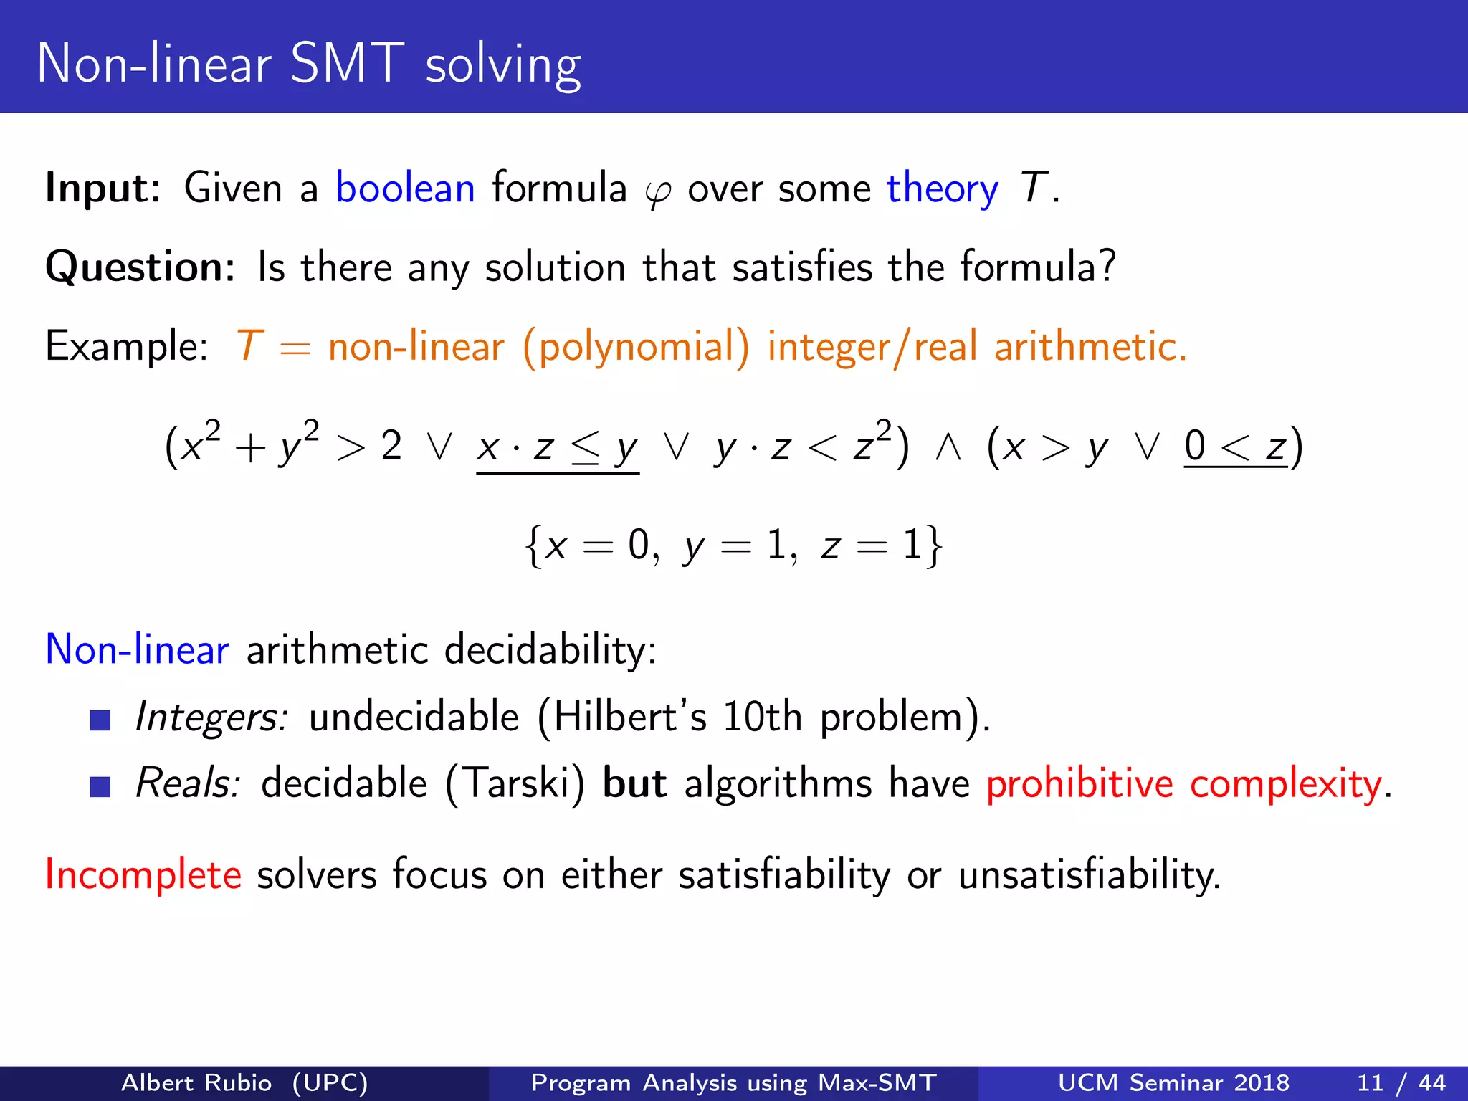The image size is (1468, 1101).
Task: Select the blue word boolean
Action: pyautogui.click(x=405, y=189)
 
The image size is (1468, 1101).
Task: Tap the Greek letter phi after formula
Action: pyautogui.click(x=657, y=192)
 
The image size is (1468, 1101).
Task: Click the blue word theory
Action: pyautogui.click(x=942, y=189)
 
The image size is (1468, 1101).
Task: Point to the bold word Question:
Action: pyautogui.click(x=140, y=267)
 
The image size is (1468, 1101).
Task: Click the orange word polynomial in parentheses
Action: pyautogui.click(x=637, y=348)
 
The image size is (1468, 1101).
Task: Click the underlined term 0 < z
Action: pyautogui.click(x=1235, y=447)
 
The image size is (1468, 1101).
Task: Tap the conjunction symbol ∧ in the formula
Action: pyautogui.click(x=948, y=447)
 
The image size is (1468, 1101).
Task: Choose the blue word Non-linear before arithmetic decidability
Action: pyautogui.click(x=137, y=650)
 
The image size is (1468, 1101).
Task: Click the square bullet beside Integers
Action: pyautogui.click(x=100, y=720)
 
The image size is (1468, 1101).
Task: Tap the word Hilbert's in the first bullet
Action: pyautogui.click(x=630, y=717)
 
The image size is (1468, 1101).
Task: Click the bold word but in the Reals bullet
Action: pyautogui.click(x=635, y=783)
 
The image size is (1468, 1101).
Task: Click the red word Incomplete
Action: pyautogui.click(x=143, y=875)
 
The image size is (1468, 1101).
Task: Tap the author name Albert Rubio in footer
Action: pyautogui.click(x=196, y=1082)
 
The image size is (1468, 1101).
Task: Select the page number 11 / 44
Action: pyautogui.click(x=1401, y=1082)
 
